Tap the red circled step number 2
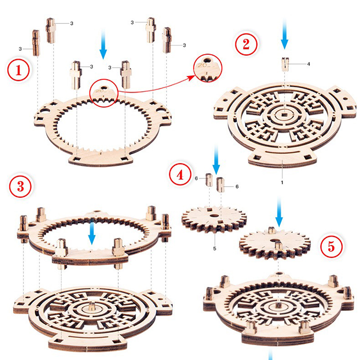(246, 44)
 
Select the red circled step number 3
(21, 186)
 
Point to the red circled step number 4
(180, 175)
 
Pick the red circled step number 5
(331, 247)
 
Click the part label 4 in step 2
(308, 64)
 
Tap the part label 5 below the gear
(215, 248)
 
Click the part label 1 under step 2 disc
(282, 182)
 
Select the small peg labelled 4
(285, 64)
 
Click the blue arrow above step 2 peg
(284, 35)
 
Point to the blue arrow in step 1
(103, 45)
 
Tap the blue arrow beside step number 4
(216, 159)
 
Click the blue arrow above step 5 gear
(279, 211)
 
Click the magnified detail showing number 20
(207, 68)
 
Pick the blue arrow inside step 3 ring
(92, 232)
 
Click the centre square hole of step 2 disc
(285, 113)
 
